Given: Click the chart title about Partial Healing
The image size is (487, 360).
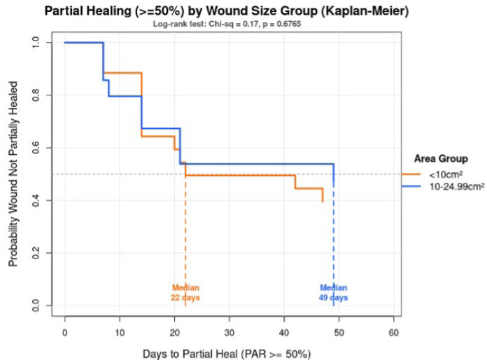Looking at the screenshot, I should (227, 12).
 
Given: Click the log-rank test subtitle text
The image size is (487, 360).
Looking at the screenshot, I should (227, 25).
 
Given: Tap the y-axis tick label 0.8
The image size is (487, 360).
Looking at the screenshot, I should (36, 95).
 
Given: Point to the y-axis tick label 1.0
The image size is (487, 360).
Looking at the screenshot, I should (36, 43).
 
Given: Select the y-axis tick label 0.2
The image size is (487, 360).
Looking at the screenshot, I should (36, 253).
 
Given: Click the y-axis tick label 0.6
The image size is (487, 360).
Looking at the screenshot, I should (36, 148).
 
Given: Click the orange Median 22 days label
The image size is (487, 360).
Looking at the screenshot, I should (185, 292).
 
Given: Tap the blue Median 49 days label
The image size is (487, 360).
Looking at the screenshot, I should (334, 292).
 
